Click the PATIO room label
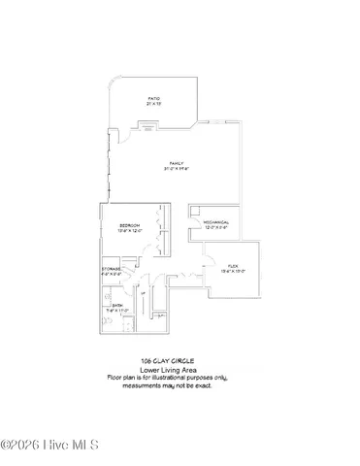pyautogui.click(x=153, y=98)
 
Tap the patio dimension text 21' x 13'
pyautogui.click(x=153, y=104)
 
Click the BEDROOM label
pyautogui.click(x=130, y=225)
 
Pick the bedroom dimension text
pyautogui.click(x=130, y=231)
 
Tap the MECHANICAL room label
pyautogui.click(x=215, y=222)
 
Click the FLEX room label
pyautogui.click(x=233, y=265)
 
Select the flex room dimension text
pyautogui.click(x=233, y=272)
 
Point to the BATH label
pyautogui.click(x=116, y=305)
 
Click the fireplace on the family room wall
pyautogui.click(x=147, y=124)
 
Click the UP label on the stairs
pyautogui.click(x=143, y=292)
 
